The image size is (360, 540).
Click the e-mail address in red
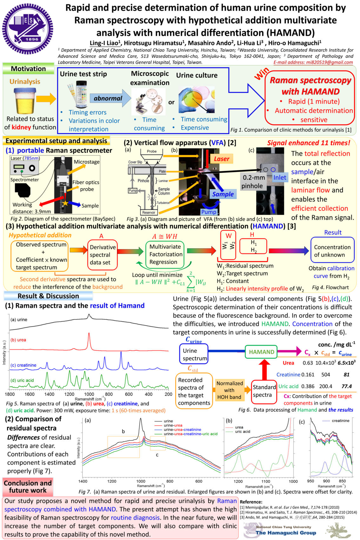(x=313, y=62)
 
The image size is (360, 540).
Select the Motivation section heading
(x=28, y=69)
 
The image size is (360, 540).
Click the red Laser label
(x=221, y=159)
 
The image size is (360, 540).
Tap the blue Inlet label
(x=279, y=177)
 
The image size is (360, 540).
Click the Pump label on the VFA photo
(x=209, y=212)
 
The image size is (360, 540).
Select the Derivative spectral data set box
(x=103, y=255)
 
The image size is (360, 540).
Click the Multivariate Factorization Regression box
(x=165, y=254)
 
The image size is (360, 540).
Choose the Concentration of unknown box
(x=332, y=251)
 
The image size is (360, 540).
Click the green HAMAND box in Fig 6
(x=261, y=352)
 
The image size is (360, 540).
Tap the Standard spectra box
(x=264, y=391)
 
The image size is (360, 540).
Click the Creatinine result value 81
(x=346, y=375)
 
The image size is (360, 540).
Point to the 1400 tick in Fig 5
(x=50, y=394)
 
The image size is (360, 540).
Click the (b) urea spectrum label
(x=18, y=340)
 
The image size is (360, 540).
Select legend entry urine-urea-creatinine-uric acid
(x=190, y=434)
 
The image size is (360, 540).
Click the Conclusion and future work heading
(x=28, y=487)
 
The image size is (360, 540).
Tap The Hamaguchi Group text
(x=286, y=533)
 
